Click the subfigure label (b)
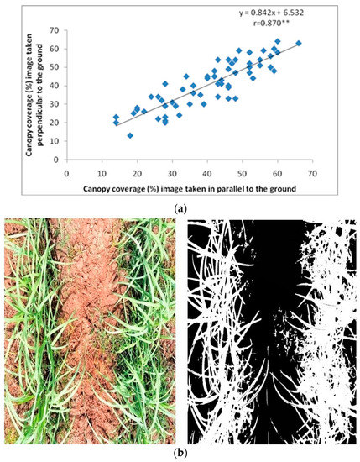[179, 453]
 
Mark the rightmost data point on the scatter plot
[299, 43]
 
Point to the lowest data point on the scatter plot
[130, 135]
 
